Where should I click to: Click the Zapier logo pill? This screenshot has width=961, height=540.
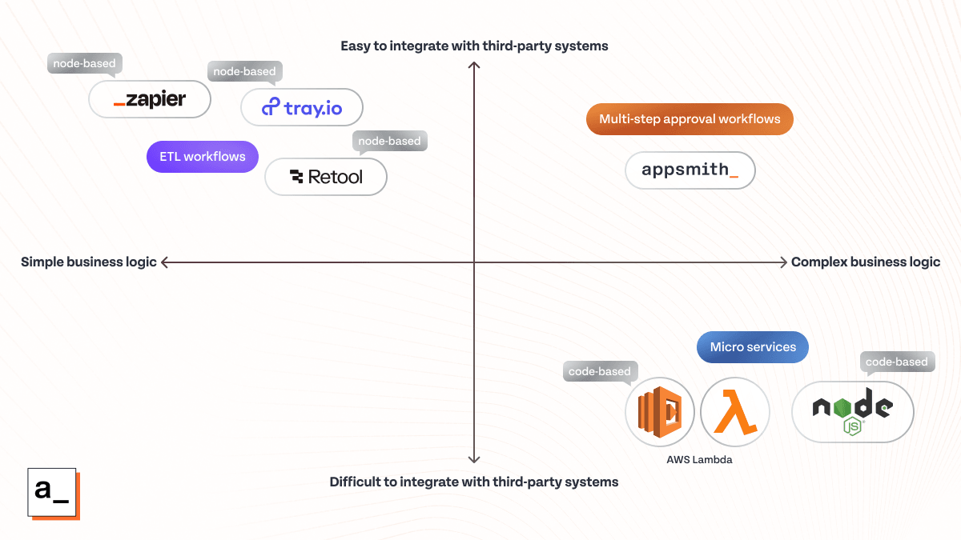(x=150, y=100)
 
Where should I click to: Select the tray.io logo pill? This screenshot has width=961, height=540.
(x=302, y=107)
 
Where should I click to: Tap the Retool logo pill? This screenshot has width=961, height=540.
(x=326, y=177)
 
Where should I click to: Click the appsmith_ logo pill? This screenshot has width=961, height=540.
(x=690, y=170)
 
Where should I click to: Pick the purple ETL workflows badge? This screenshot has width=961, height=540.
(x=202, y=157)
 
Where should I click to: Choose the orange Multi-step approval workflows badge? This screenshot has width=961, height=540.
(x=690, y=119)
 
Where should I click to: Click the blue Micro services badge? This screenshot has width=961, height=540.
(x=753, y=347)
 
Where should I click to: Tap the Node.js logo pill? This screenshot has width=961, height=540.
(x=852, y=411)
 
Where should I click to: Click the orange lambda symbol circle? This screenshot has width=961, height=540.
(x=734, y=411)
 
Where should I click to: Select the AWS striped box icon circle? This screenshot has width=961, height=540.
(x=659, y=411)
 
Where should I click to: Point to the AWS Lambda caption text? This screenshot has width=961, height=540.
(x=699, y=460)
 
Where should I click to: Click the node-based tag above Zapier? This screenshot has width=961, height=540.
(x=84, y=63)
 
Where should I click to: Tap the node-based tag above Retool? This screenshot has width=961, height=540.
(x=389, y=141)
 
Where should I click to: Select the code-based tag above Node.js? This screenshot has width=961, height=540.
(x=896, y=362)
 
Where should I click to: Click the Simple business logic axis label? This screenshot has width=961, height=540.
(x=89, y=262)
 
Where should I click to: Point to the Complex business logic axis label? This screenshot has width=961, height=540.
(x=865, y=262)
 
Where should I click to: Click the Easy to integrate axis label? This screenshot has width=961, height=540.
(x=474, y=46)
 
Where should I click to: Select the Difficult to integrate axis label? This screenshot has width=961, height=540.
(x=474, y=482)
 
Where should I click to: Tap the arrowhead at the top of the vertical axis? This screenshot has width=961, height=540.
(x=474, y=65)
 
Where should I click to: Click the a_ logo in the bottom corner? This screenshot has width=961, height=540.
(x=52, y=491)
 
